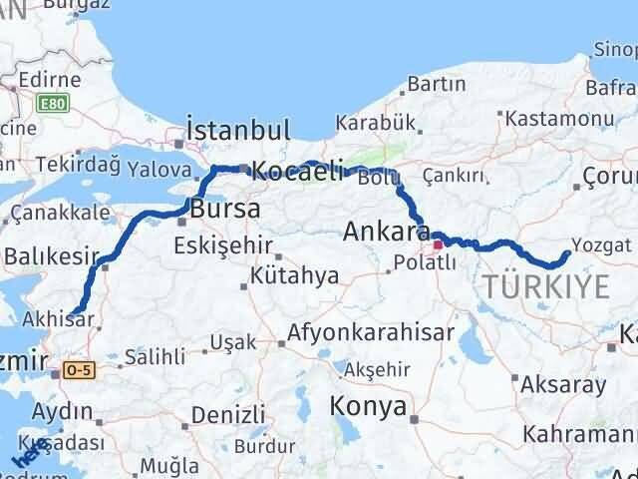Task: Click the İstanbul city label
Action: pyautogui.click(x=238, y=130)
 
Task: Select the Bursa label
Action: pyautogui.click(x=224, y=210)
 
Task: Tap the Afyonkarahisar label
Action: pyautogui.click(x=371, y=332)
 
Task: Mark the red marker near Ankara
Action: pyautogui.click(x=438, y=243)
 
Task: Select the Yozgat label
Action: pyautogui.click(x=601, y=243)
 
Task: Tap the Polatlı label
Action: pyautogui.click(x=423, y=263)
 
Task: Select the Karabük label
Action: pyautogui.click(x=374, y=123)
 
